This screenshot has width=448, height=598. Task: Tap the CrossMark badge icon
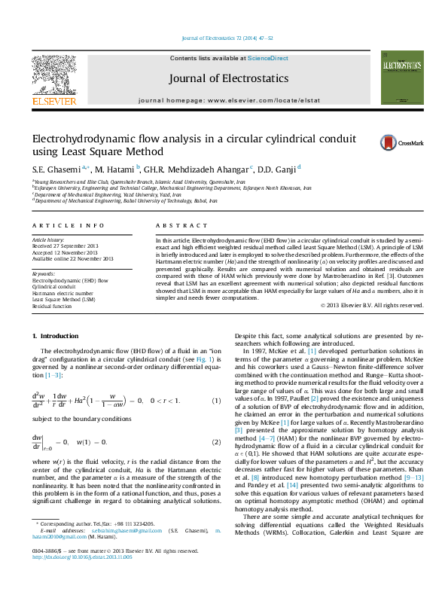[x=389, y=142]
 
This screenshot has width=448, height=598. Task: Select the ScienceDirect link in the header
[x=268, y=58]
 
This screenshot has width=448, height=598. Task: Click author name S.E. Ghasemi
[x=56, y=169]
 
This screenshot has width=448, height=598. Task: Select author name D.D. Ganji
[x=279, y=169]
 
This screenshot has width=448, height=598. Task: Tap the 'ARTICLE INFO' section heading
[x=68, y=225]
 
